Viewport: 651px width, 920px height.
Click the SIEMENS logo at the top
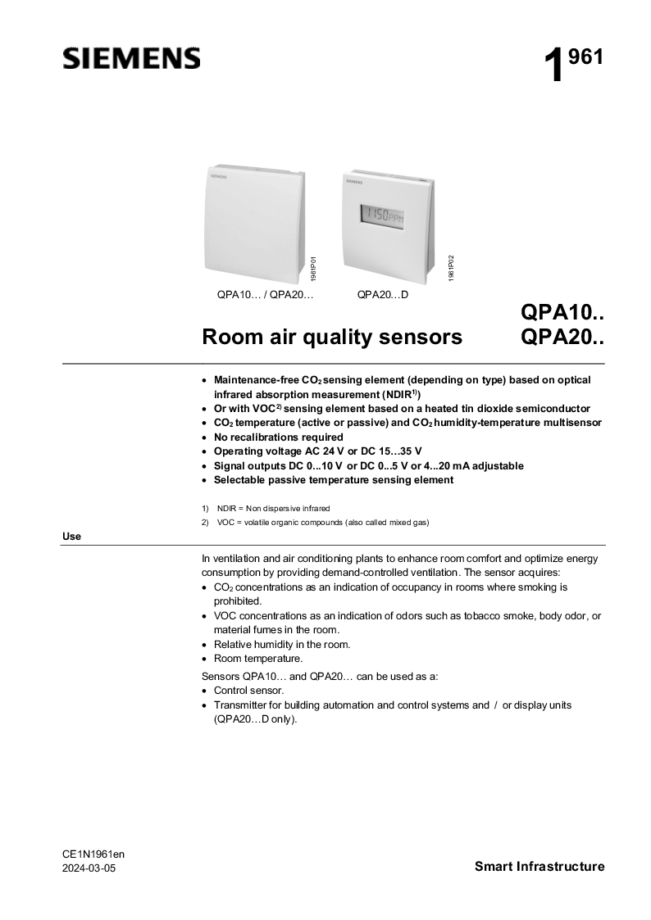(131, 58)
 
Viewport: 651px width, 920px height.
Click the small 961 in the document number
(586, 57)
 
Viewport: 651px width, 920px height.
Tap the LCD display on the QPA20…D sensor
(383, 217)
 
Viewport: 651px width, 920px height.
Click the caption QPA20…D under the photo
(383, 295)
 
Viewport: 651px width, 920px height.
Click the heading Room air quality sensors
(332, 338)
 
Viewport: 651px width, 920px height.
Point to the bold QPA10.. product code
(562, 313)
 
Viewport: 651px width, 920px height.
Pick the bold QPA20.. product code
(562, 338)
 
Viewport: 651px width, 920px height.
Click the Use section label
(71, 537)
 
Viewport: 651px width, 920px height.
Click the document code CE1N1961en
(93, 854)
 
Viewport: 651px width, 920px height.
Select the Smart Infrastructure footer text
(539, 867)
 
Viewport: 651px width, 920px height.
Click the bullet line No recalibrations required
(278, 437)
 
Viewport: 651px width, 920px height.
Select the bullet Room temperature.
(257, 658)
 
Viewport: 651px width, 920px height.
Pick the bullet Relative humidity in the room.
(281, 644)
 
